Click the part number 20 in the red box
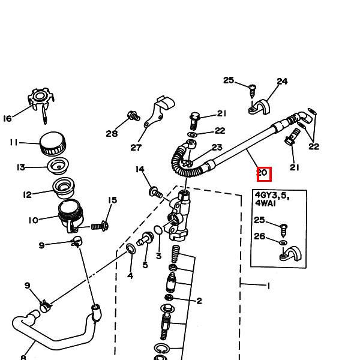[x=264, y=174]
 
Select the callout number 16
[x=7, y=118]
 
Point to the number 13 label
[x=20, y=167]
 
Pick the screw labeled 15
[x=100, y=226]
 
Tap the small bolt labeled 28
[x=133, y=115]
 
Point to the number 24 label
[x=282, y=82]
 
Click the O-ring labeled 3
[x=158, y=230]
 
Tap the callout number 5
[x=145, y=265]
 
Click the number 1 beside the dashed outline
[x=268, y=286]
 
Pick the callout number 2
[x=199, y=301]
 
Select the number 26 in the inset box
[x=259, y=236]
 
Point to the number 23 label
[x=217, y=147]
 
